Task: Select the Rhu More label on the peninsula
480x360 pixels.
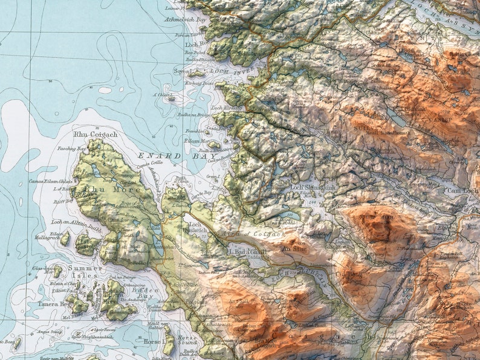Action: click(114, 190)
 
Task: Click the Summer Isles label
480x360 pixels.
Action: click(85, 272)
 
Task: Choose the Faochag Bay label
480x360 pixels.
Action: click(73, 149)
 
